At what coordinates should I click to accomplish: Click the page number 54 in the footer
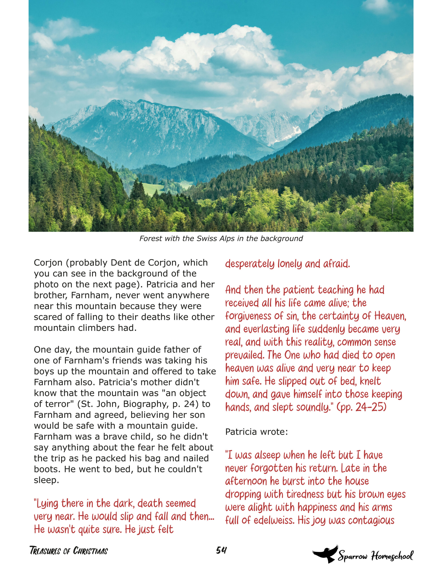(221, 550)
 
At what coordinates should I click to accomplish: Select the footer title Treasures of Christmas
(69, 551)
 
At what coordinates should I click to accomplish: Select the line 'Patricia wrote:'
(256, 432)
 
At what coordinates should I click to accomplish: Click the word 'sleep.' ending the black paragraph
(46, 480)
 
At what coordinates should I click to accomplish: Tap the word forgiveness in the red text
(248, 316)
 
